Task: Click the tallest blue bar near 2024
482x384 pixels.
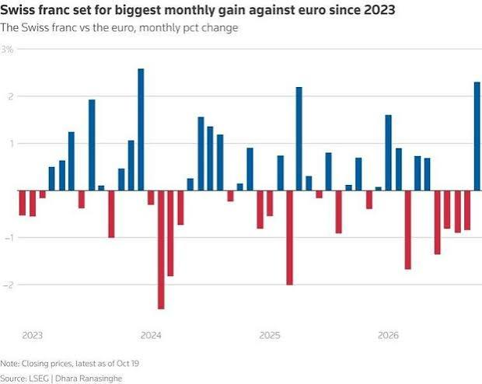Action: coord(141,130)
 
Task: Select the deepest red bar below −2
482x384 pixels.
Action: coord(161,250)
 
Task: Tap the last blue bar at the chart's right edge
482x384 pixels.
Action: coord(478,136)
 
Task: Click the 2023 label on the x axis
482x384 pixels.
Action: coord(33,335)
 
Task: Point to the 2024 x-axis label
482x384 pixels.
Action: coord(151,335)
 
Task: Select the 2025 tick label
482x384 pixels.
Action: coord(270,335)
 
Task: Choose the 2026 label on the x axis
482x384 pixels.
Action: coord(388,335)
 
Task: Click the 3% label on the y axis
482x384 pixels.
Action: coord(7,50)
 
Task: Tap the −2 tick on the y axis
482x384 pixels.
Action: coord(8,285)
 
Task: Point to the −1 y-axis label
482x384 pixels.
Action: coord(8,238)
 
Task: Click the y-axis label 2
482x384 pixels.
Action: coord(11,96)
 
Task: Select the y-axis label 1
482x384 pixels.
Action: coord(12,144)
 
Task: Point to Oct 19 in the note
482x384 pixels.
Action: coord(127,364)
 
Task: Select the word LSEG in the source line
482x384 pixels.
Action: coord(38,378)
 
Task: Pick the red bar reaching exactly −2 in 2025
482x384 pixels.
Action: coord(289,238)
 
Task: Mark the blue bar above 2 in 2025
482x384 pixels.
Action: coord(299,139)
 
